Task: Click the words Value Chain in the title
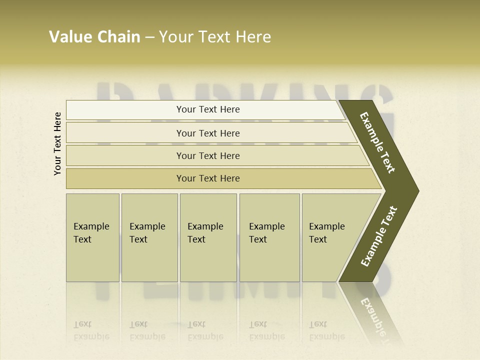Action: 94,37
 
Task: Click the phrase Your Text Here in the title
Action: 215,37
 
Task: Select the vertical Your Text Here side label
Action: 57,143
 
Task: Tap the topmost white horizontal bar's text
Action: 208,109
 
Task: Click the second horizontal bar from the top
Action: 208,133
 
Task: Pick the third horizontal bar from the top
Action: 208,155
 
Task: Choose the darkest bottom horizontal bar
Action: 208,178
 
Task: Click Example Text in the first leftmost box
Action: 91,233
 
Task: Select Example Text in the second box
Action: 147,233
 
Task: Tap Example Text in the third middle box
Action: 205,233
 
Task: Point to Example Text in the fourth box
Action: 266,233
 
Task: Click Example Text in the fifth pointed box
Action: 326,233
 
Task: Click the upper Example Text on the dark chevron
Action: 377,142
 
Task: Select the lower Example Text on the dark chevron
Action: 378,236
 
